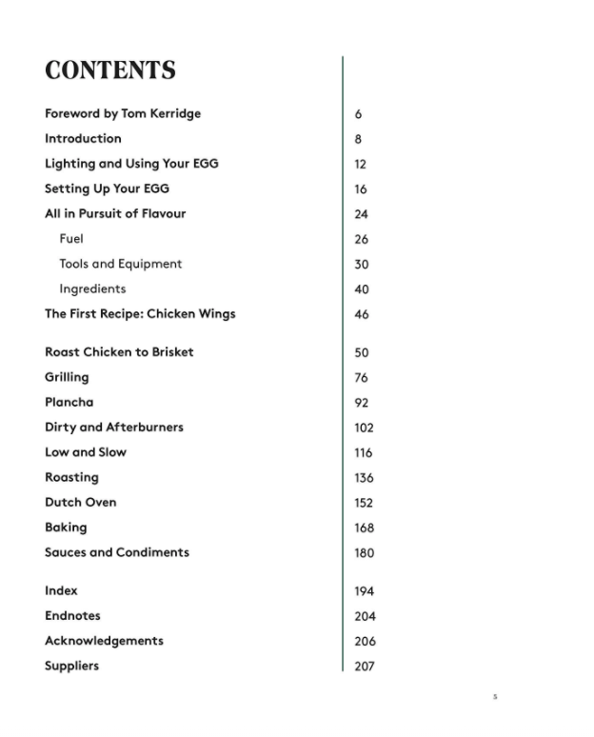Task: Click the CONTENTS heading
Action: tap(110, 70)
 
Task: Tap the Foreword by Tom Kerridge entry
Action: tap(123, 113)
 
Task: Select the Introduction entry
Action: tap(83, 138)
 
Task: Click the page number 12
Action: tap(360, 164)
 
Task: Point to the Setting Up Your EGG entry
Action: tap(107, 189)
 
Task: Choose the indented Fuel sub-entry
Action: tap(71, 239)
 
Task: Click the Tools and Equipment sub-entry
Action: tap(120, 264)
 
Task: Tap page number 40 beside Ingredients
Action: tap(361, 289)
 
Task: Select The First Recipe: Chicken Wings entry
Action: tap(140, 313)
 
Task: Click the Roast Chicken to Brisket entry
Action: tap(119, 351)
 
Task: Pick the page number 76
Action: tap(361, 378)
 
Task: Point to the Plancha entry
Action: tap(69, 402)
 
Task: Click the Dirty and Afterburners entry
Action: tap(114, 427)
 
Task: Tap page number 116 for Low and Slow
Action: tap(363, 453)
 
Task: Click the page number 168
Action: tap(364, 528)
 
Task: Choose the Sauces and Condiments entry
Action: tap(117, 552)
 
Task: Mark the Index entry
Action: tap(61, 590)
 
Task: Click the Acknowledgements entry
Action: tap(104, 641)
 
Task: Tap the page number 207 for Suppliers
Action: tap(364, 667)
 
